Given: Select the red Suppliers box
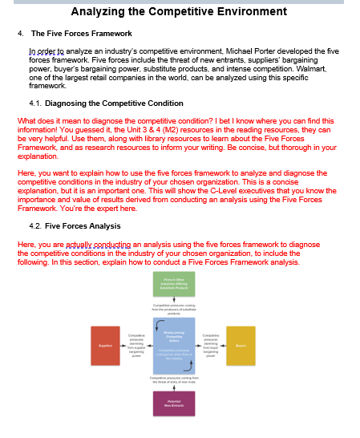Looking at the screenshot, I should click(106, 345).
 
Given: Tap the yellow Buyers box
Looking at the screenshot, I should click(241, 345).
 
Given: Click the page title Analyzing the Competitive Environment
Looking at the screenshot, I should click(180, 12).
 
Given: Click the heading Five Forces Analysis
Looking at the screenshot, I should click(83, 226).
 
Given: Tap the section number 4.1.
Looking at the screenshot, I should click(34, 103).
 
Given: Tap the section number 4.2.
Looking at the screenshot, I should click(34, 226).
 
